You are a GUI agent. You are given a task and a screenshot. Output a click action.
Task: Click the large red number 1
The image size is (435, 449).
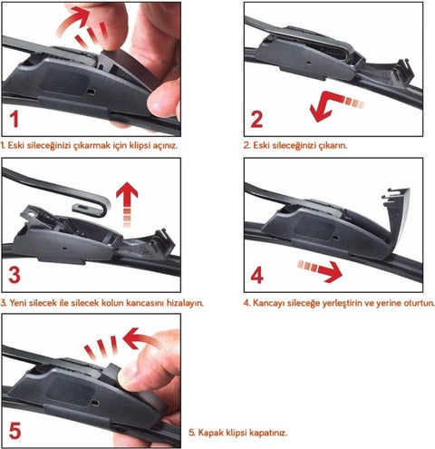click(14, 119)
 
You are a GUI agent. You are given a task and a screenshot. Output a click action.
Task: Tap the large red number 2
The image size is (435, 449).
click(256, 119)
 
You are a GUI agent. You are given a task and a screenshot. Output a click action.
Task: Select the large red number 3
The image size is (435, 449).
click(14, 275)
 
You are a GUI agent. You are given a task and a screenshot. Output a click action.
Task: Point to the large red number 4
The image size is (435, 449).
click(257, 276)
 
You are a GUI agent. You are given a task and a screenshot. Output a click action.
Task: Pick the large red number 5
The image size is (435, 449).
click(14, 430)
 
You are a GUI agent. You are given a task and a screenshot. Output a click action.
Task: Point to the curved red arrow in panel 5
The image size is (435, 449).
click(142, 337)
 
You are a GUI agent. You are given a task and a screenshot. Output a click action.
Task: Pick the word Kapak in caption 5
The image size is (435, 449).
click(208, 433)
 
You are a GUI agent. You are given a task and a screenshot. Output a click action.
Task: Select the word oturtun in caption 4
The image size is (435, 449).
click(419, 303)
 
